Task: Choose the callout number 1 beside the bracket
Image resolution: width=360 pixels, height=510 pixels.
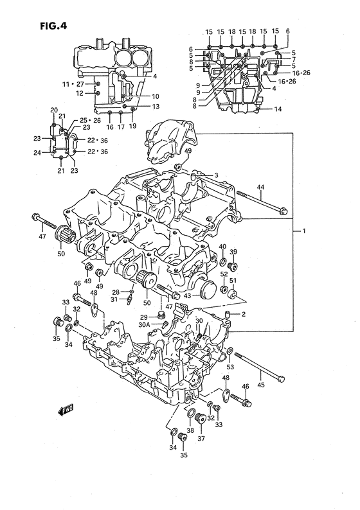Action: click(304, 230)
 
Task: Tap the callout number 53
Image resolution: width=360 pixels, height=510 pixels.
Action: click(230, 367)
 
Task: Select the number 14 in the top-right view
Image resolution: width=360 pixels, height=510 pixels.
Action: click(278, 110)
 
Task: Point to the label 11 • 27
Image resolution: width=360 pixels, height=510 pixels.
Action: click(73, 84)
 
